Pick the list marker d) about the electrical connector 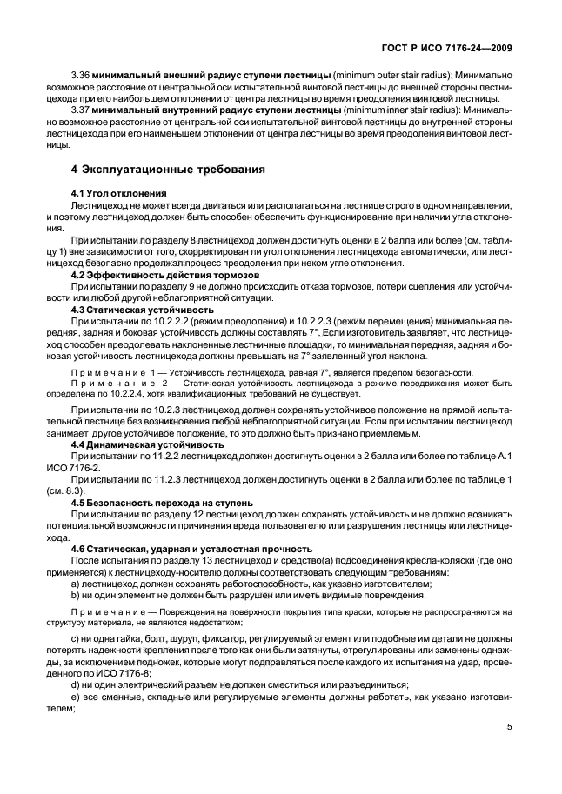pyautogui.click(x=75, y=685)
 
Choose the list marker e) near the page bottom pyautogui.click(x=75, y=697)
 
